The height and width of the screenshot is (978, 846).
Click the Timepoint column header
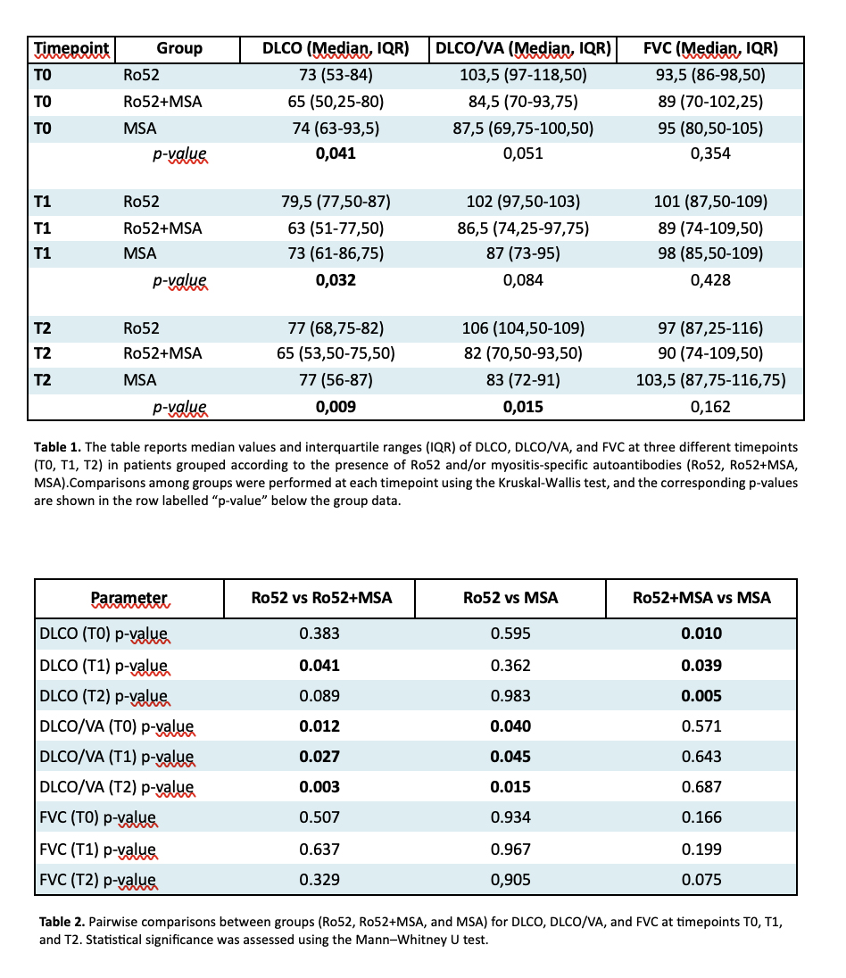pos(71,48)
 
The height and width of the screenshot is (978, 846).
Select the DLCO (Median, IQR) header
pos(336,48)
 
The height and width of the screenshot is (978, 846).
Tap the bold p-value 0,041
pos(336,153)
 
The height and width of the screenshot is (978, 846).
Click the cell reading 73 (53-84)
pos(336,75)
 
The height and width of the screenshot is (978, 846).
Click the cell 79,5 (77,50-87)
pos(336,202)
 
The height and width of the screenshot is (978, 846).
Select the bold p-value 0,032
pos(336,280)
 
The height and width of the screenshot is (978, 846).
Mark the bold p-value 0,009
pos(336,407)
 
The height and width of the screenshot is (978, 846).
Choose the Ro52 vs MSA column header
pos(510,598)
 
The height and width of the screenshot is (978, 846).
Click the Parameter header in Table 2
pos(129,598)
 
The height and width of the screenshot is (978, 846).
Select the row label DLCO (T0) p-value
pos(104,635)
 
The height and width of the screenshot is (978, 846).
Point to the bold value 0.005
pos(701,697)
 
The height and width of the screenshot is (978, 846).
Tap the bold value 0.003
pos(319,787)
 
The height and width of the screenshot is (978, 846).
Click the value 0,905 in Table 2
pos(510,879)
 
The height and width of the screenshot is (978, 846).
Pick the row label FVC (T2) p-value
pos(98,879)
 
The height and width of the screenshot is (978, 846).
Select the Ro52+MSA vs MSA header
pos(701,598)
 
